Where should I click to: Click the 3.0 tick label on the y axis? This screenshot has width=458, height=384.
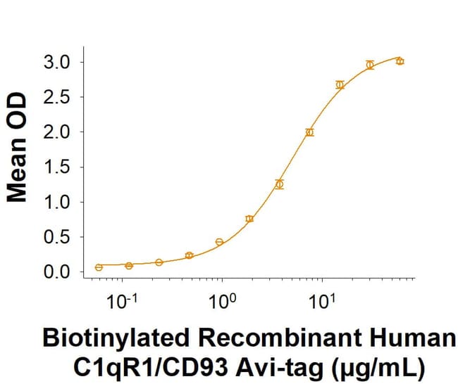tap(56, 62)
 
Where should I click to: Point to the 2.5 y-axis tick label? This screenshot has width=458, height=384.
tap(56, 97)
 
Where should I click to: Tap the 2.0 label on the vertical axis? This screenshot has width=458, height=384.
tap(56, 132)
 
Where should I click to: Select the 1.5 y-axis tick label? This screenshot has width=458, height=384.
tap(56, 167)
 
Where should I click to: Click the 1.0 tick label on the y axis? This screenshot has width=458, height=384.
tap(56, 202)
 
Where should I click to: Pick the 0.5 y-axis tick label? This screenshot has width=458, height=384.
tap(56, 236)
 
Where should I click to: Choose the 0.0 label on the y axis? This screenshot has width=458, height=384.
tap(56, 271)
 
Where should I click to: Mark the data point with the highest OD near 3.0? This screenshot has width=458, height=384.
tap(400, 61)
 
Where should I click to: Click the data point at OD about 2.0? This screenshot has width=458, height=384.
tap(309, 132)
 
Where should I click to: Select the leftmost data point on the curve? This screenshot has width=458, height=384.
tap(99, 267)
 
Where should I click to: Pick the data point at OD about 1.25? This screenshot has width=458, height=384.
tap(280, 184)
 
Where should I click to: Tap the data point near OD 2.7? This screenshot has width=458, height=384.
tap(340, 85)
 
